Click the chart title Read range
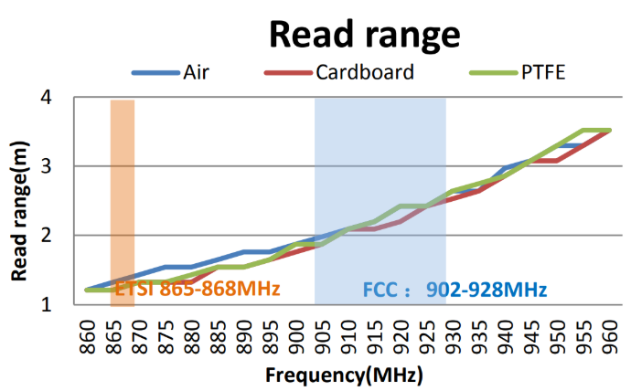(363, 34)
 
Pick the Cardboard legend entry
(365, 72)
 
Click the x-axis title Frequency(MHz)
(344, 375)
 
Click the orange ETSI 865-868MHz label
(197, 291)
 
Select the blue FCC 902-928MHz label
(455, 291)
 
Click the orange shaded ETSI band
(123, 183)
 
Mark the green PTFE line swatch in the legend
(492, 72)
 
